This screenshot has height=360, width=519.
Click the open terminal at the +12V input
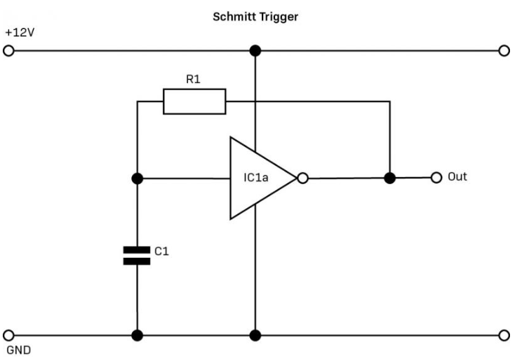coord(9,51)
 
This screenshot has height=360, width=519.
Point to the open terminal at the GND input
coord(9,336)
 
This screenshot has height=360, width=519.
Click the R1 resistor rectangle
coord(194,101)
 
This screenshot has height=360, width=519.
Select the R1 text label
coord(194,79)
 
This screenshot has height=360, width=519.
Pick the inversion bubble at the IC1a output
coord(302,178)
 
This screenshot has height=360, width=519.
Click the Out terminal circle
coord(435,178)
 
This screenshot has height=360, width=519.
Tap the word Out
coord(457,177)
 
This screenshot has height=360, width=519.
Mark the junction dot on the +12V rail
coord(256,51)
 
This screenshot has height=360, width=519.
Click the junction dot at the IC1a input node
coord(137,178)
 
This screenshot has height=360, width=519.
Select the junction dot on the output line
coord(390,178)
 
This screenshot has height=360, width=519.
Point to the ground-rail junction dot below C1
coord(137,336)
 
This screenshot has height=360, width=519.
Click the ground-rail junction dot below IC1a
coord(256,336)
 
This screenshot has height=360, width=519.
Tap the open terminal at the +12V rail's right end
coord(503,51)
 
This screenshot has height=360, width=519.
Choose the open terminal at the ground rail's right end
coord(503,336)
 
